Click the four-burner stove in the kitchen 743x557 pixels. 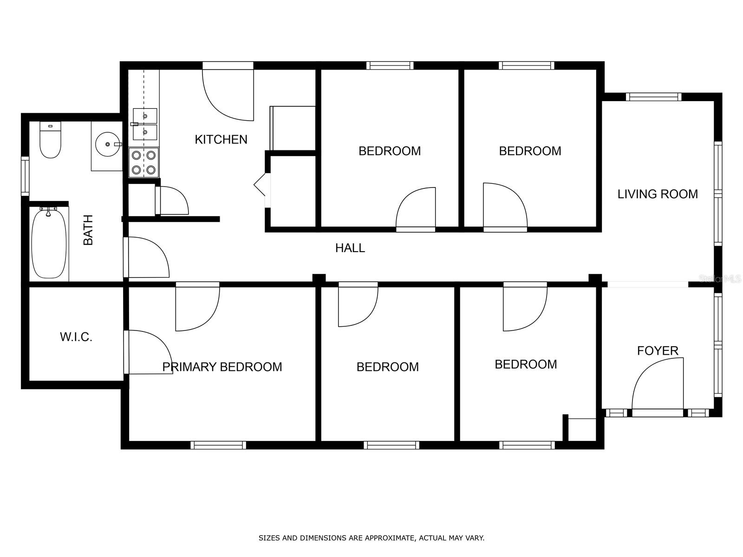(x=143, y=162)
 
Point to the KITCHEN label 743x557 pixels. (x=221, y=139)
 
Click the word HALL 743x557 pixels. (x=350, y=248)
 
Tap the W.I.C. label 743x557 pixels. (x=76, y=337)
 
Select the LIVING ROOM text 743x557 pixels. (x=657, y=194)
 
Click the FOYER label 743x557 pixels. (x=657, y=351)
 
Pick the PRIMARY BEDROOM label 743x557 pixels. (x=222, y=367)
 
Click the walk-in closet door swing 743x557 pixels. (x=148, y=353)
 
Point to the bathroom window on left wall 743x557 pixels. (x=25, y=176)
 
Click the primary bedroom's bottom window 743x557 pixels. (x=218, y=445)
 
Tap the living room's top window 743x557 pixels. (x=653, y=97)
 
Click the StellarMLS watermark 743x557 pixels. (x=720, y=279)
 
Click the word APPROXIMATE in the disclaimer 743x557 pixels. (x=389, y=538)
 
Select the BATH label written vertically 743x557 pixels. (x=88, y=230)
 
